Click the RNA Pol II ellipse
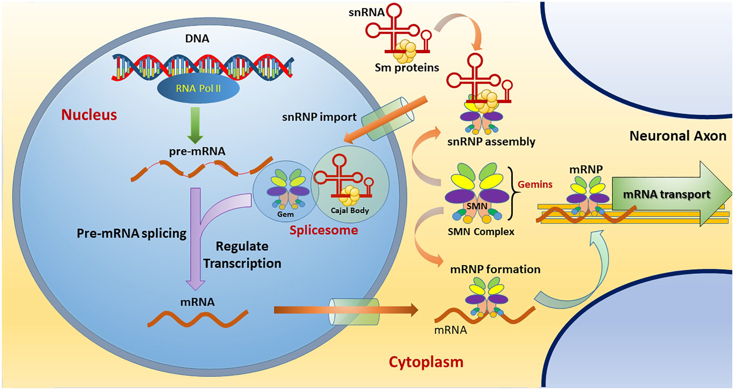198,88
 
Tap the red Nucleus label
89,115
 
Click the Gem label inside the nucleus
285,214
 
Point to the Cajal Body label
350,210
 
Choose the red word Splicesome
324,230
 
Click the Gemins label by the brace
535,184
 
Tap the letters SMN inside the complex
477,206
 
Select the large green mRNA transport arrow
671,194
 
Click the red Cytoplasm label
426,362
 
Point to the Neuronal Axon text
678,136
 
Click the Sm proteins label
407,68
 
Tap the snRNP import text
319,117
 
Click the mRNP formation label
495,269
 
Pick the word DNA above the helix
197,39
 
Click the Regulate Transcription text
242,255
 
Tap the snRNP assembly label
491,142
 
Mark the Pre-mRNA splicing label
131,233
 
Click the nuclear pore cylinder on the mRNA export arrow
354,312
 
